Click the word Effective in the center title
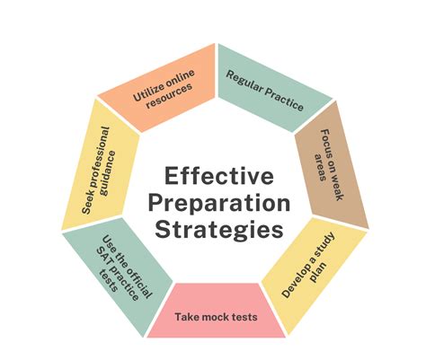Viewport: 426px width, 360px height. [x=219, y=176]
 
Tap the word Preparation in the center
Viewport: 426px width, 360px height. [x=219, y=204]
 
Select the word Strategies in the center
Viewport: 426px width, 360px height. [x=219, y=231]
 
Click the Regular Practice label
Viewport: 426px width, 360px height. [x=264, y=91]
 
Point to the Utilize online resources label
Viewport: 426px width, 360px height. [x=164, y=89]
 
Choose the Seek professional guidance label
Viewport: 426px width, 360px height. [x=99, y=171]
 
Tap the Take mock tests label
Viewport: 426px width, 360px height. [x=216, y=317]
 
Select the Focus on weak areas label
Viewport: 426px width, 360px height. [x=329, y=164]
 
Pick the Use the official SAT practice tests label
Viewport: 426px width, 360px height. [x=124, y=268]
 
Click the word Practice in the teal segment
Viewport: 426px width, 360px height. [x=284, y=100]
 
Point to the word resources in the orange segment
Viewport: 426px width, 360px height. [x=170, y=95]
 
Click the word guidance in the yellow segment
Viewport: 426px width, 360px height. [x=108, y=173]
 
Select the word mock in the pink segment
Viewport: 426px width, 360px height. [x=217, y=317]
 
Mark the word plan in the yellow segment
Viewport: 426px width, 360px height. [x=318, y=273]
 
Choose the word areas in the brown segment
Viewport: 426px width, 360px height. [x=320, y=167]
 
